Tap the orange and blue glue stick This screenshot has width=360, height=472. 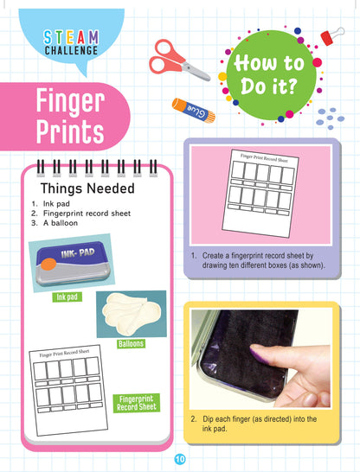[193, 111]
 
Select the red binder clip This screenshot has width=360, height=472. [331, 35]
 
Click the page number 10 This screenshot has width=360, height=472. [180, 459]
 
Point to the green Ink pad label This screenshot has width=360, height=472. [67, 297]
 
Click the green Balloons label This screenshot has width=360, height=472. [131, 343]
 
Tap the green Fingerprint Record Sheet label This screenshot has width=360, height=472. [137, 403]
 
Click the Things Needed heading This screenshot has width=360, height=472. [87, 188]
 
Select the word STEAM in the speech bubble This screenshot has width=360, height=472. [71, 38]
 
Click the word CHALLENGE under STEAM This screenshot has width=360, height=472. [72, 50]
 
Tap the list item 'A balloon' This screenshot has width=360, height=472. [61, 223]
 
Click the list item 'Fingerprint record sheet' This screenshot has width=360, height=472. [87, 214]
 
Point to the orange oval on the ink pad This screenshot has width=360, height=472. [48, 265]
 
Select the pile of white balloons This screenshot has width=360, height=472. [132, 314]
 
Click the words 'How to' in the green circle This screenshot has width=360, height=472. [269, 63]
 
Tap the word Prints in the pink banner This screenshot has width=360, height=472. [70, 131]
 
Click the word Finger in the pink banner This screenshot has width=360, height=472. [70, 101]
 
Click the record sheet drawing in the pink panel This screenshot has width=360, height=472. [260, 194]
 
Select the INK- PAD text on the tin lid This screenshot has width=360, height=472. [78, 253]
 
